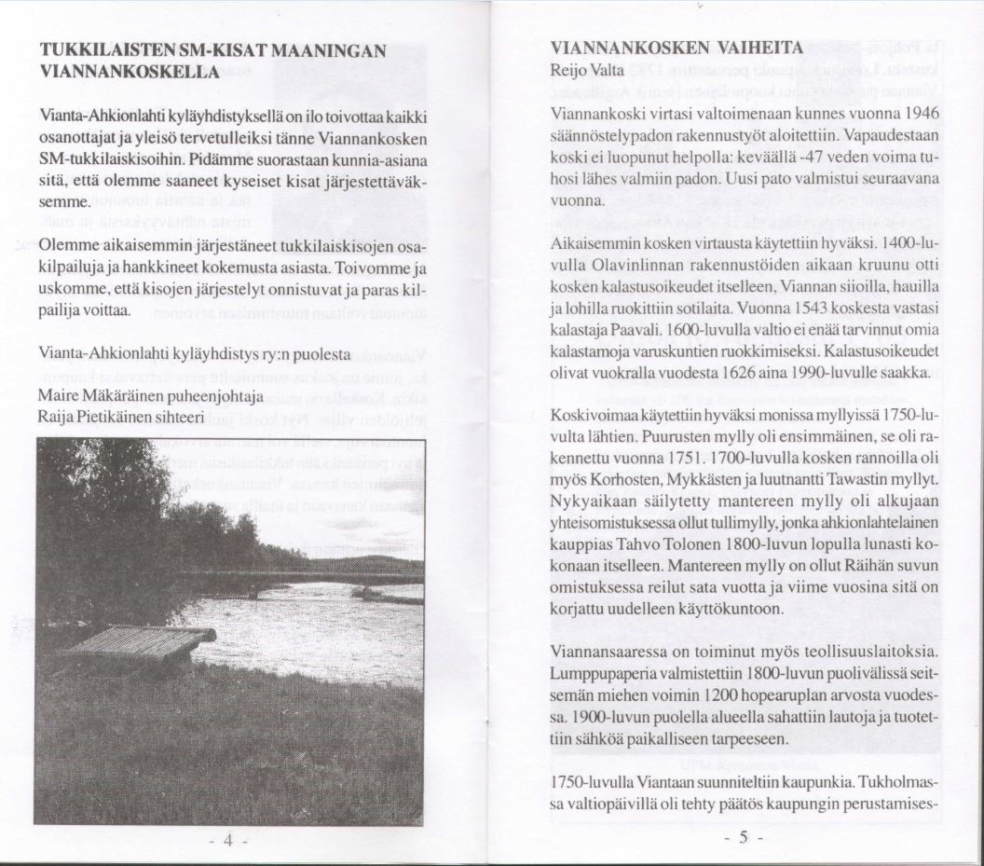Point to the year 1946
(x=920, y=113)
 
